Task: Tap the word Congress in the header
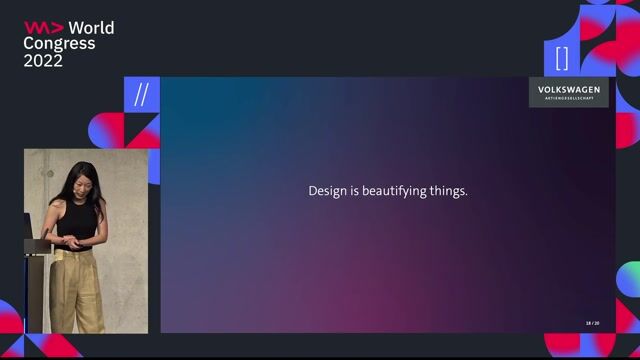click(x=60, y=43)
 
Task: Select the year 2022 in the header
click(x=43, y=60)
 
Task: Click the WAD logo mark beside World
click(x=43, y=27)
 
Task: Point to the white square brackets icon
click(x=562, y=57)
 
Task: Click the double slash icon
click(x=141, y=95)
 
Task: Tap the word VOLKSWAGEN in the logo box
click(x=569, y=90)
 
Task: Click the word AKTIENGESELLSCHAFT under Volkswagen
click(x=569, y=100)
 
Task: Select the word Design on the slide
click(x=329, y=190)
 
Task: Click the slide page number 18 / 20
click(x=592, y=323)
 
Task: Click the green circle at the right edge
click(x=630, y=277)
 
